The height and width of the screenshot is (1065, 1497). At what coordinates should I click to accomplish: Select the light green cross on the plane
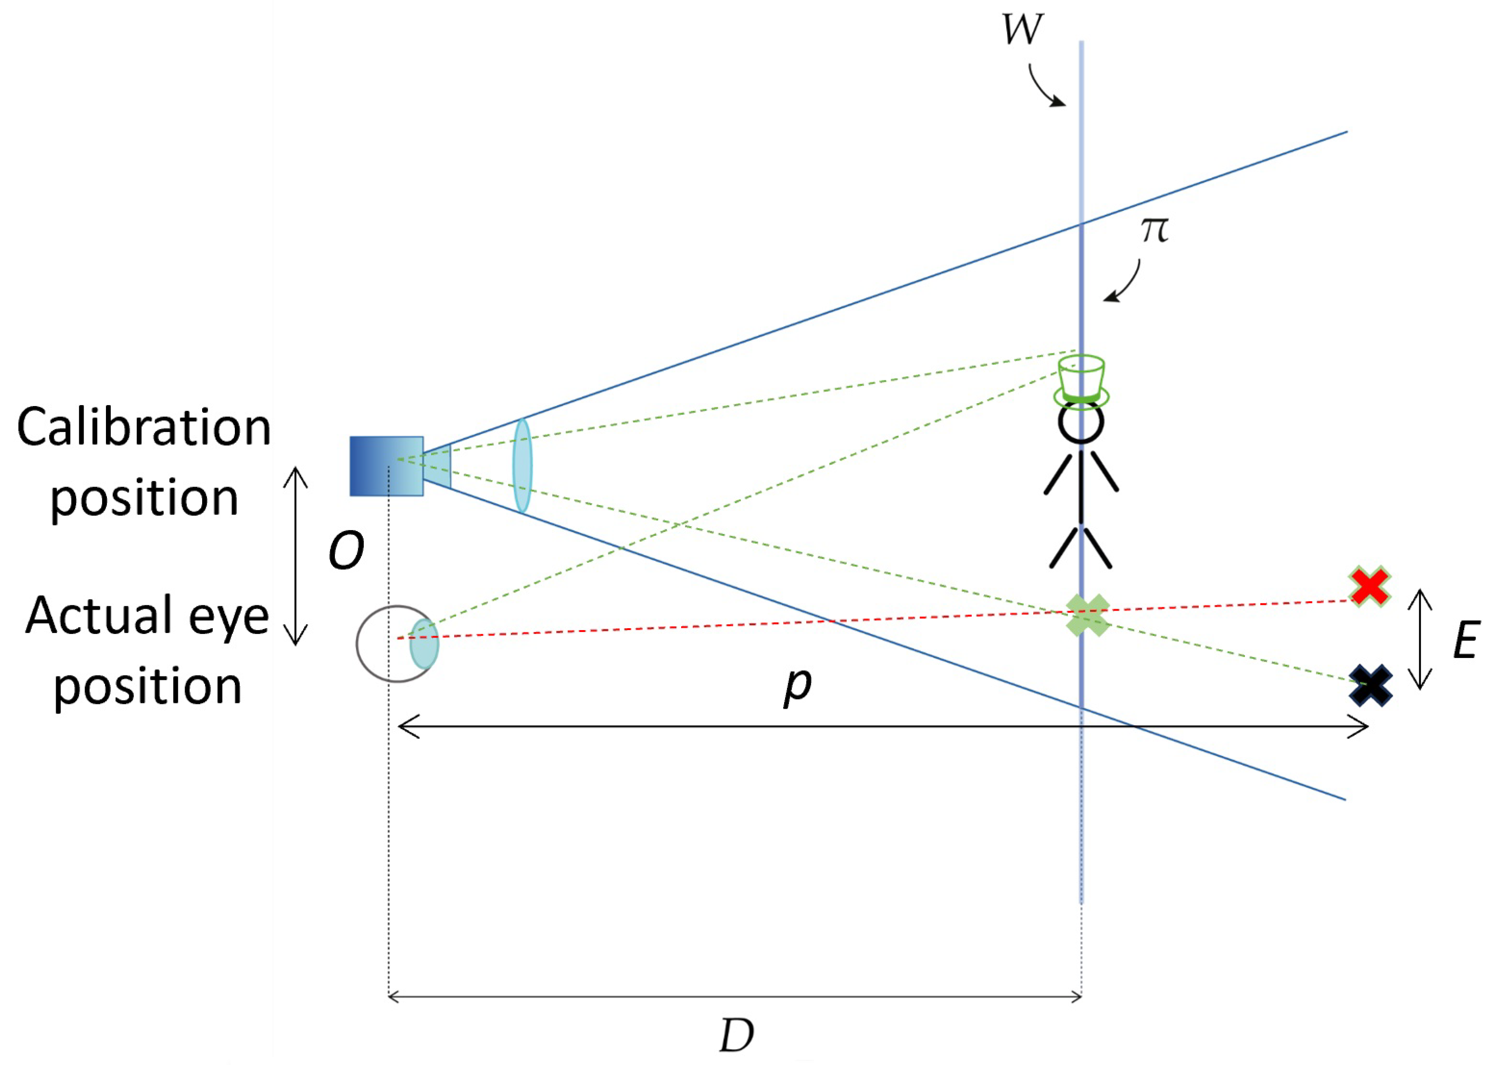pos(1087,615)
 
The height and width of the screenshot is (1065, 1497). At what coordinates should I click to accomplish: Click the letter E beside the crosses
pos(1466,641)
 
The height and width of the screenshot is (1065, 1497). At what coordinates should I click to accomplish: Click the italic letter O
pos(346,551)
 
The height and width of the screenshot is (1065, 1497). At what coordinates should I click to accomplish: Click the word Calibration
pos(144,428)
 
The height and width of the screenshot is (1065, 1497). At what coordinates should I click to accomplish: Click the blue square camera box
pos(386,466)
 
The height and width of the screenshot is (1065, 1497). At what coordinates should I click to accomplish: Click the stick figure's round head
pos(1081,423)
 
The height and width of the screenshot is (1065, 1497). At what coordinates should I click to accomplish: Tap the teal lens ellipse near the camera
pos(522,465)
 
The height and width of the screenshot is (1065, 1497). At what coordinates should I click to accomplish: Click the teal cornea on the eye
pos(424,643)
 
